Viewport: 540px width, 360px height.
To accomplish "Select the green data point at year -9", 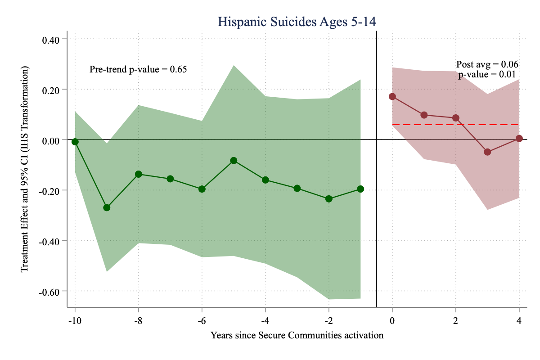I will pyautogui.click(x=107, y=207).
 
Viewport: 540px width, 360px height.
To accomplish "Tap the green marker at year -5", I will pyautogui.click(x=234, y=161).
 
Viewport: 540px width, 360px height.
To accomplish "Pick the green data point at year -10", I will pyautogui.click(x=75, y=142).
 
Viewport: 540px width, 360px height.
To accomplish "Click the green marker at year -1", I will pyautogui.click(x=360, y=189).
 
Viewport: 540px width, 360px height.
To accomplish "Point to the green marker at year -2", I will pyautogui.click(x=329, y=199).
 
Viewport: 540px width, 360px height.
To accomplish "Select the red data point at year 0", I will pyautogui.click(x=392, y=96).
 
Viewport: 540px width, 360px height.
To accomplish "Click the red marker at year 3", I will pyautogui.click(x=487, y=152).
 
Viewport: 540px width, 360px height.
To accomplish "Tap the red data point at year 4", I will pyautogui.click(x=519, y=139).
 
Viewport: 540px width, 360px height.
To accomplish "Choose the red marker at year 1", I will pyautogui.click(x=424, y=115).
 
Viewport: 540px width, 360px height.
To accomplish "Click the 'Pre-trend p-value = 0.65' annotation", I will pyautogui.click(x=138, y=69).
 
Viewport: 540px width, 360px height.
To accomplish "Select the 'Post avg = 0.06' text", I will pyautogui.click(x=487, y=64).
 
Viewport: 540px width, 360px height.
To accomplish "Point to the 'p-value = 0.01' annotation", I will pyautogui.click(x=487, y=75).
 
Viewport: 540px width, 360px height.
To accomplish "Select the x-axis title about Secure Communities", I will pyautogui.click(x=297, y=335).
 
